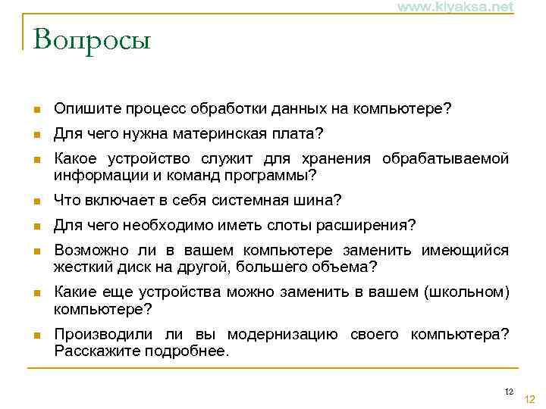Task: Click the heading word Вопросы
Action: click(93, 39)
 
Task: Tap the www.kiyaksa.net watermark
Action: click(454, 7)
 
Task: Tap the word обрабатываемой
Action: click(445, 159)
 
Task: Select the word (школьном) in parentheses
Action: click(469, 292)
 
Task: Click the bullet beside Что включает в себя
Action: click(35, 201)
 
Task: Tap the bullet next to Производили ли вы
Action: click(35, 336)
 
